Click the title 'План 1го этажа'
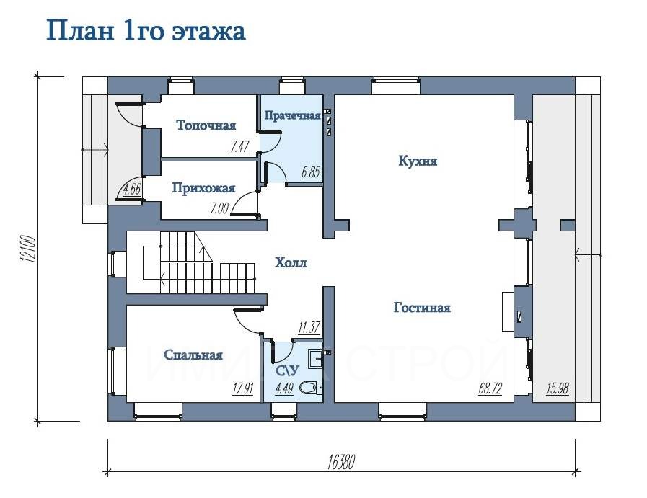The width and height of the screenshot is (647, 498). pos(146,31)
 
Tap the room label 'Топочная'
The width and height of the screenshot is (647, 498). pos(206,125)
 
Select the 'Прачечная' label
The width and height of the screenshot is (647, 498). pos(292,115)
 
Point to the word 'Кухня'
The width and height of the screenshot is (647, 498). pos(418,160)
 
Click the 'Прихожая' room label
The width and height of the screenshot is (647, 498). pos(203,188)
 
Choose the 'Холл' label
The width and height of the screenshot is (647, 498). pos(291,262)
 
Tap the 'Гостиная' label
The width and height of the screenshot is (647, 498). pos(422,308)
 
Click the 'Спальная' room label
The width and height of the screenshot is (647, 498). pos(193,355)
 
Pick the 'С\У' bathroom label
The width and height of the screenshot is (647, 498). pos(287,371)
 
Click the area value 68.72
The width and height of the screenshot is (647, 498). pos(490,388)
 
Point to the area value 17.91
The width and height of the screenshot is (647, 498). pos(242,388)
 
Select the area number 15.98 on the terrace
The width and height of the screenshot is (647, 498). pos(558,388)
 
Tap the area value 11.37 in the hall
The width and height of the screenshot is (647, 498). pos(309,327)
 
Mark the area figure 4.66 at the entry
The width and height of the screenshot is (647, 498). pos(132,190)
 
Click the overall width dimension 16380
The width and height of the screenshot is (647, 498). pos(341,462)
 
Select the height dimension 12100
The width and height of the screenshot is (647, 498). pos(28,249)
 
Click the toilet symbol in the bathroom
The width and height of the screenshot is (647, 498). pos(308,388)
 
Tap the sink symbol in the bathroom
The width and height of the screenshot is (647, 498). pos(317,357)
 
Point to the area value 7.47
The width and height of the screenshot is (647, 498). pos(239,146)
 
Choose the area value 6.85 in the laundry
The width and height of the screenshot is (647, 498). pos(310,172)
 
